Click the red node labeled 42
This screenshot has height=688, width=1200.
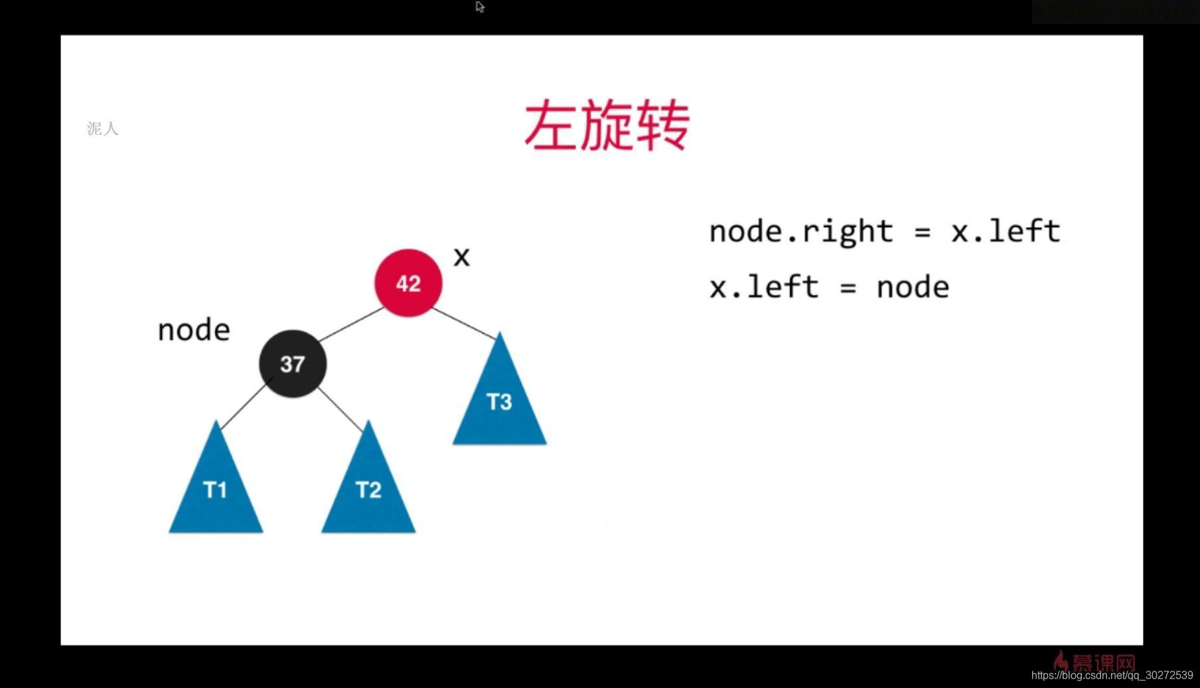408,283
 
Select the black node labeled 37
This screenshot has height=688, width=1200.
292,363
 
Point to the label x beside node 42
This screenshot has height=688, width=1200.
461,257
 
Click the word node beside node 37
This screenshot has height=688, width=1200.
194,330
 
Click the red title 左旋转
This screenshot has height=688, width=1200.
607,126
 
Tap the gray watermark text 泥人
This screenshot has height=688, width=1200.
103,129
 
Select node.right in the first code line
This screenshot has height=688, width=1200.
800,232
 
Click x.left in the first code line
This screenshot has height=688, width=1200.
1006,232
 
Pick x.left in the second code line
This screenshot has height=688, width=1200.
763,288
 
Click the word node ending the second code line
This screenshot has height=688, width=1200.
913,288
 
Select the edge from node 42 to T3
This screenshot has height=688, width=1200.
463,323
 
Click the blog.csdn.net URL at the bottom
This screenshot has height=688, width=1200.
1112,675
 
